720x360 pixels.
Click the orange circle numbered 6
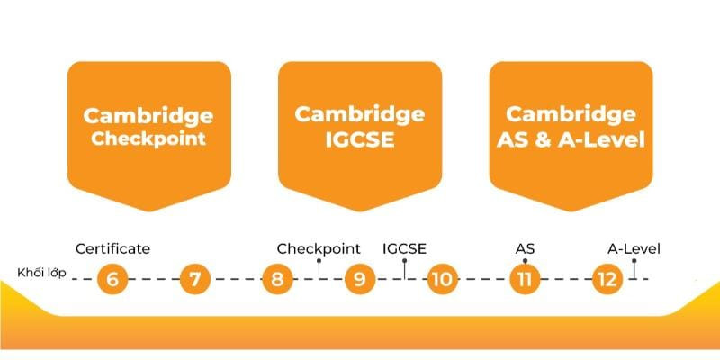112,279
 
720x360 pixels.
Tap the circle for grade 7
194,279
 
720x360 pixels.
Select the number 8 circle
277,279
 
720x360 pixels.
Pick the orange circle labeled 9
359,279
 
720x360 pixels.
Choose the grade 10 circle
441,279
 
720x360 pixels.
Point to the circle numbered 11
523,279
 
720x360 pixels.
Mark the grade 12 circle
606,279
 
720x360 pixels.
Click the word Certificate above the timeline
112,248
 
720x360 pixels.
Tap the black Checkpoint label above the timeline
319,248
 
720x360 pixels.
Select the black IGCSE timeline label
404,248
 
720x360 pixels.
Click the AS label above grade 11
524,248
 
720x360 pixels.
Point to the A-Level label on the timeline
634,248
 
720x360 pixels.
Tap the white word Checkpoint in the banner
148,139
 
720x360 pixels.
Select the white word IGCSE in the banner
360,140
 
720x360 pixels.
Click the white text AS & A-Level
571,140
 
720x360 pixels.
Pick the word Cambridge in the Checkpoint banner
148,115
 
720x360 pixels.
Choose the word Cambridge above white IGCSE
360,114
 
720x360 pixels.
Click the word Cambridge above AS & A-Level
571,114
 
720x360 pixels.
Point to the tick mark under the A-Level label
634,268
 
